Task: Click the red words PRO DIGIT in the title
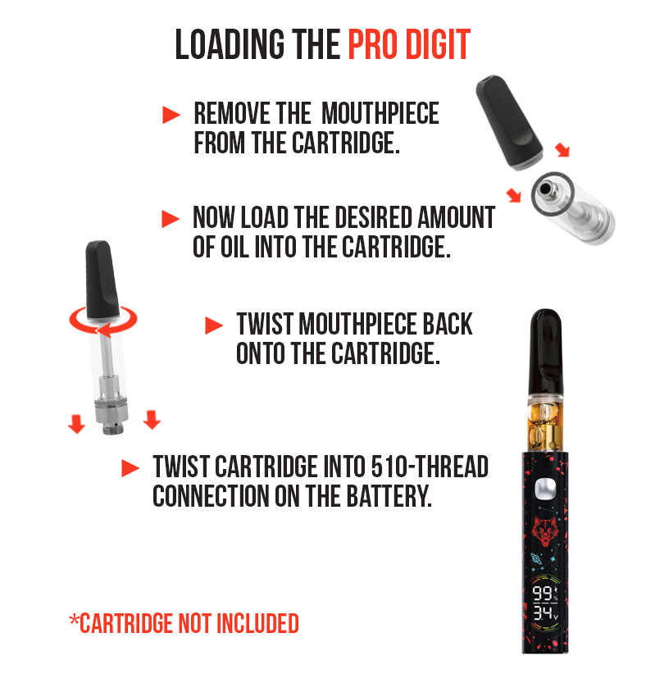pyautogui.click(x=408, y=45)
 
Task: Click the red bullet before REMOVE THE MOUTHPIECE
pyautogui.click(x=171, y=116)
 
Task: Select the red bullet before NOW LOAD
pyautogui.click(x=171, y=219)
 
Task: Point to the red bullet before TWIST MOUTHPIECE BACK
pyautogui.click(x=213, y=326)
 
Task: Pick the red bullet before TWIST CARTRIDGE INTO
pyautogui.click(x=130, y=468)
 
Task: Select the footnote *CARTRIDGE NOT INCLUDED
pyautogui.click(x=184, y=623)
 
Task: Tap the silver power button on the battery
pyautogui.click(x=542, y=490)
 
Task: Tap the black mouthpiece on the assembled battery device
pyautogui.click(x=543, y=348)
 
